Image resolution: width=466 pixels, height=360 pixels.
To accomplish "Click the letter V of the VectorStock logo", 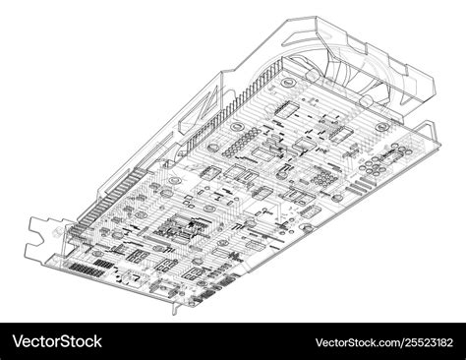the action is [x=15, y=341].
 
